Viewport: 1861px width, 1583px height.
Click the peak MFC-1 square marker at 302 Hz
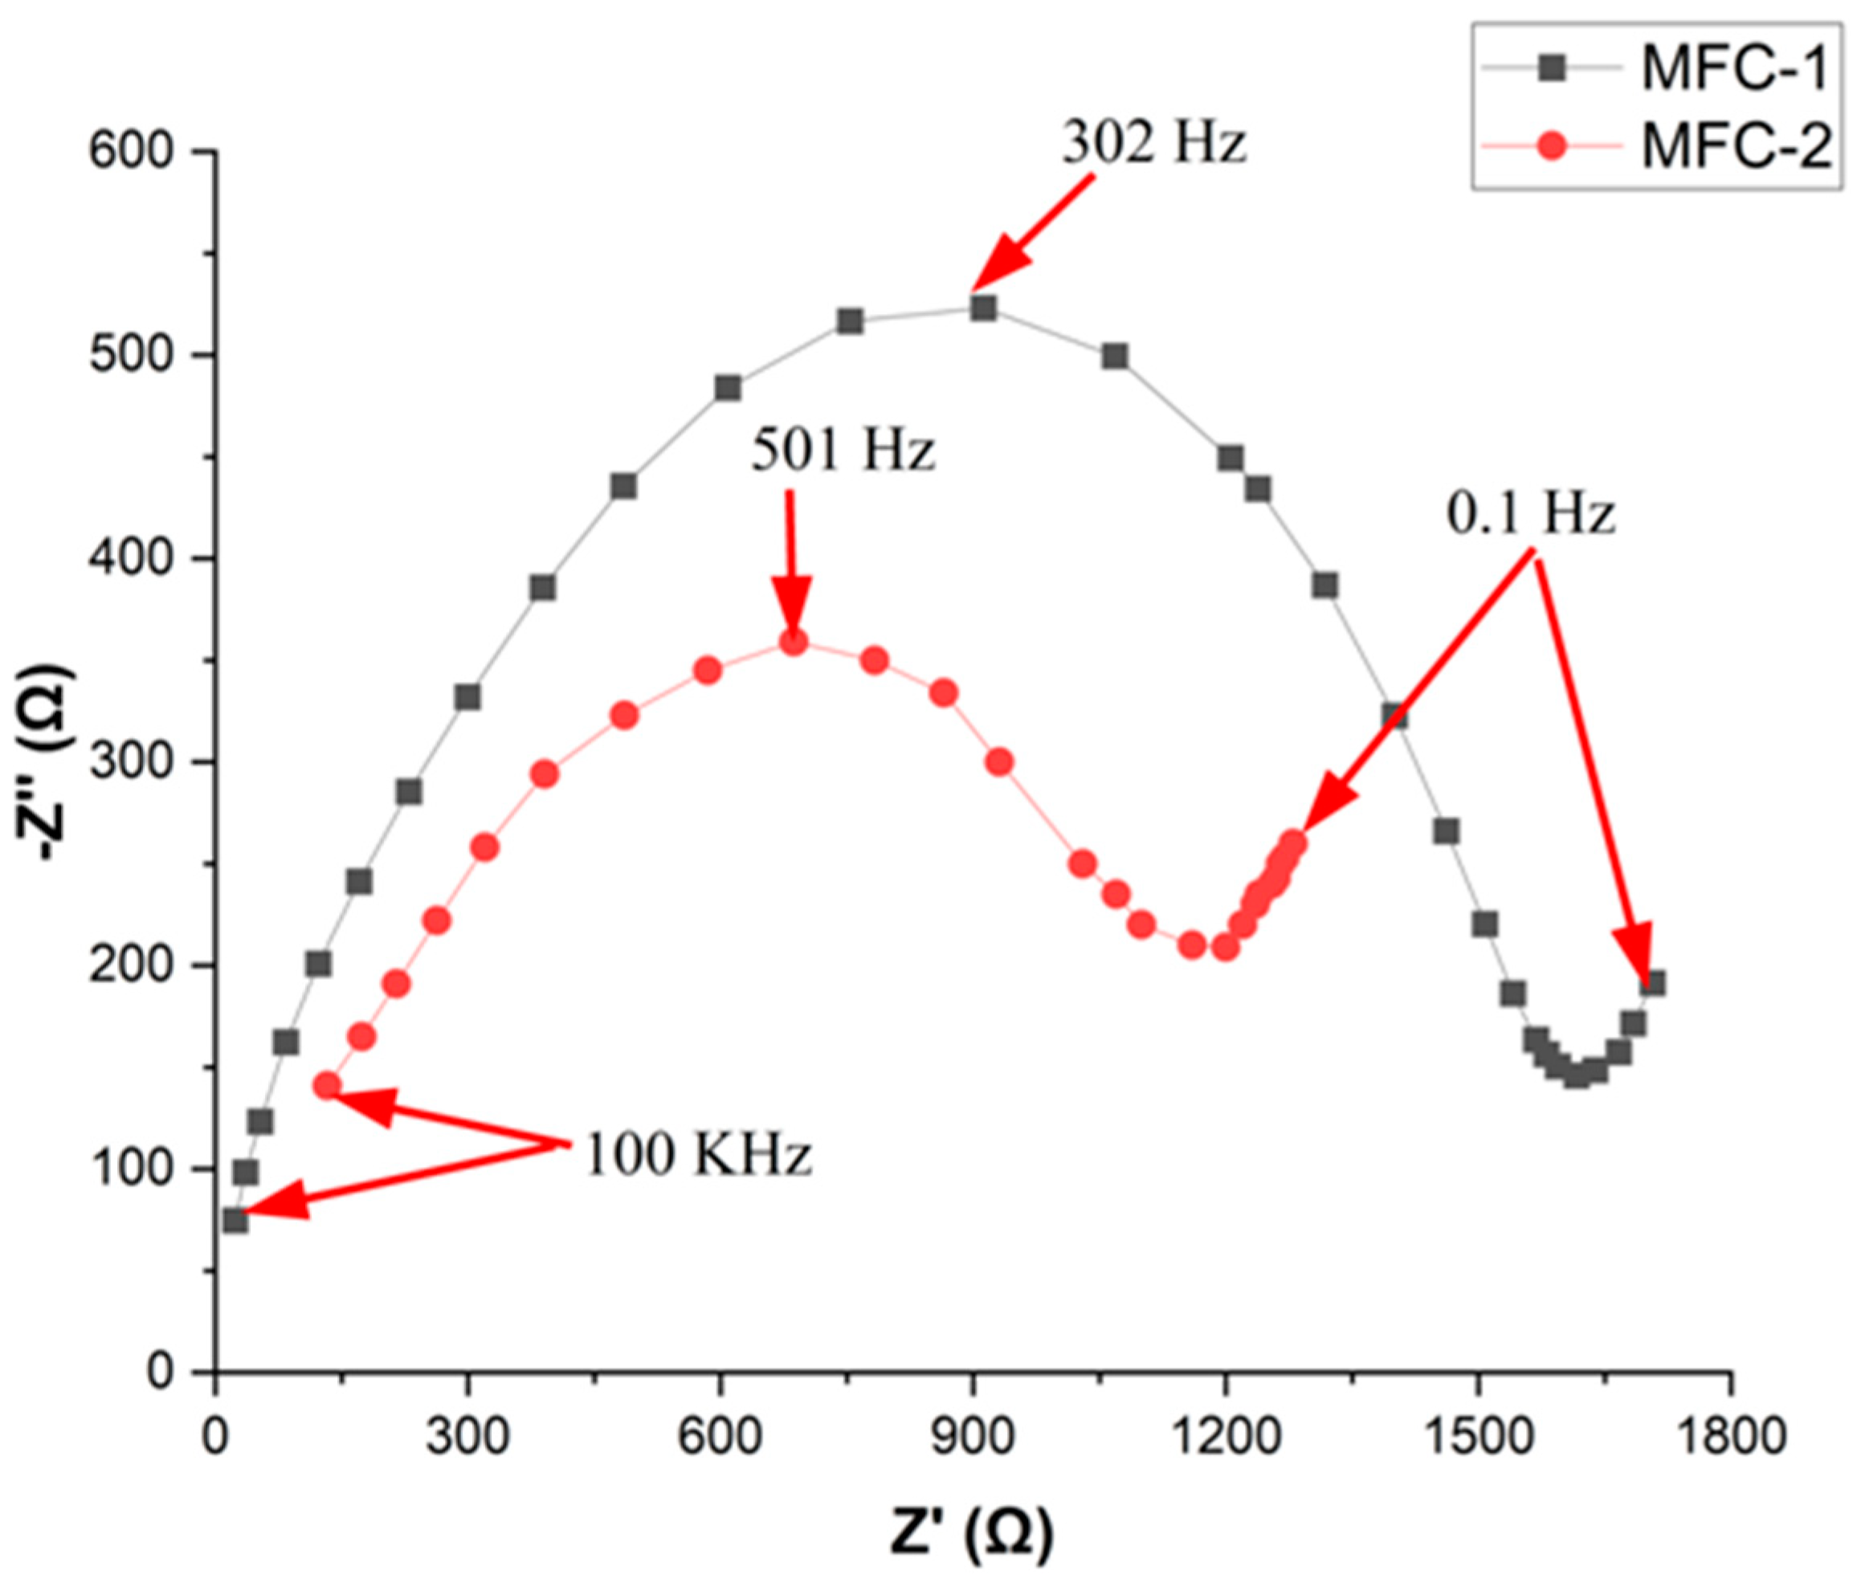[x=982, y=308]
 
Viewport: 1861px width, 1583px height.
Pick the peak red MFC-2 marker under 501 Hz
[x=794, y=642]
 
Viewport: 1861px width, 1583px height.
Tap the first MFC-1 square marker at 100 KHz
[x=235, y=1219]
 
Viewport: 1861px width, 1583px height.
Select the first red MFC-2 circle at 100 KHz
[x=328, y=1086]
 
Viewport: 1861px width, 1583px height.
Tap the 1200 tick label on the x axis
[x=1224, y=1436]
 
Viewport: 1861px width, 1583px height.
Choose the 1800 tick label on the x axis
[x=1730, y=1436]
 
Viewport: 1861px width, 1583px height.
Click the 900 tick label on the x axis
[x=972, y=1436]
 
